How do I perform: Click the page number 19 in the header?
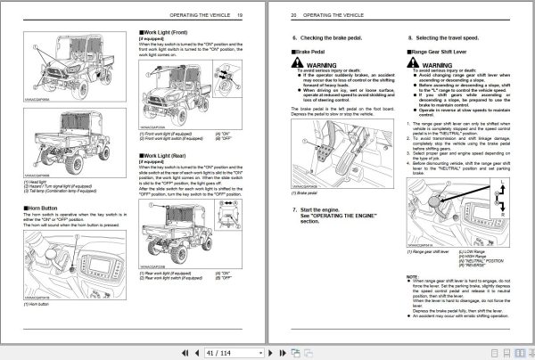251,15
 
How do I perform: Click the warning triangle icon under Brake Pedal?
304,66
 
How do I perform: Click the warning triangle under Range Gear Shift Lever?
420,66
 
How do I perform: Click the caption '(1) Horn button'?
40,305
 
